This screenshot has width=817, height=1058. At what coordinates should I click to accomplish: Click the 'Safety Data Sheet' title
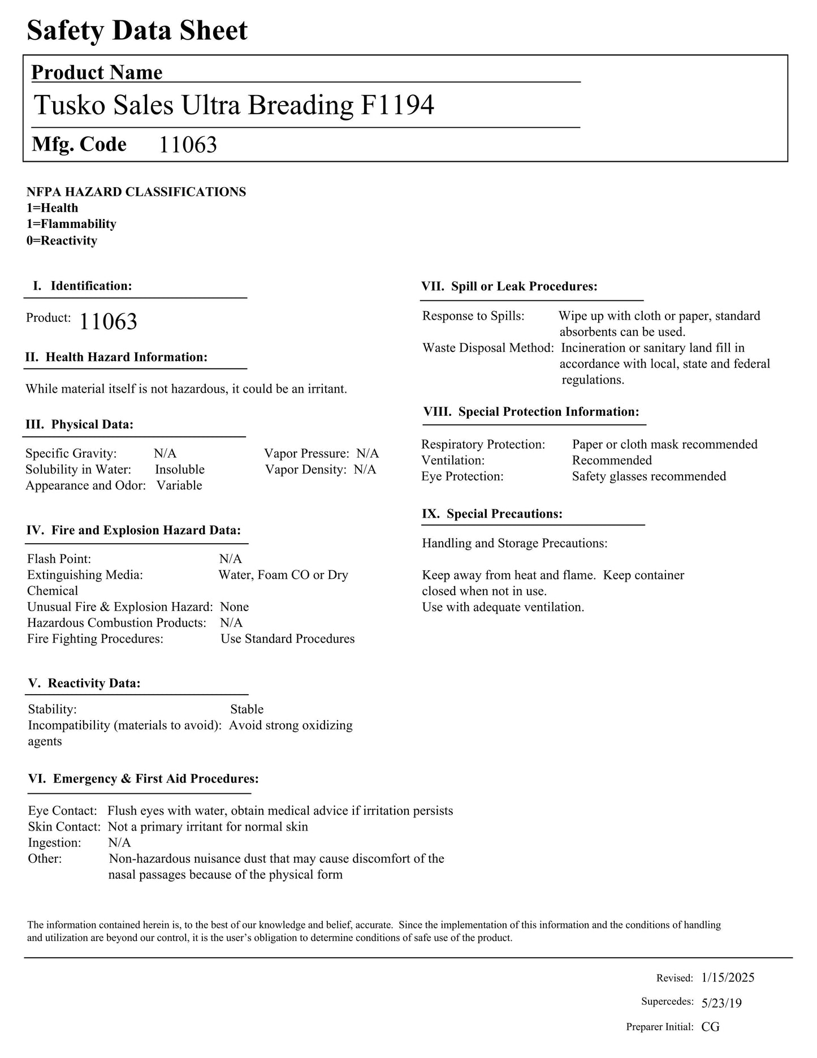pos(137,31)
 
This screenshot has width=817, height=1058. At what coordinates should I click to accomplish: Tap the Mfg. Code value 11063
pos(188,145)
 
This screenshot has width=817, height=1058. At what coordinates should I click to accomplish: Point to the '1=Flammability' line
pos(71,224)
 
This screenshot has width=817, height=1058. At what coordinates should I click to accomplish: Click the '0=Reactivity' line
pos(62,240)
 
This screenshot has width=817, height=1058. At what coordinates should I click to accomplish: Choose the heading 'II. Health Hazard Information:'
pos(116,357)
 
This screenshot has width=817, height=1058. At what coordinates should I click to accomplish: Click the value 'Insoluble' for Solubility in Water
pos(180,470)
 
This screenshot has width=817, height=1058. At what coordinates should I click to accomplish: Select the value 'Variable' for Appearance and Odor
pos(179,485)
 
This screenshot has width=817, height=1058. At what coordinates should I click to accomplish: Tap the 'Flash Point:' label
pos(59,559)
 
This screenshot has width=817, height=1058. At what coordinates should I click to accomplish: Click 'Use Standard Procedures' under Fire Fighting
pos(288,639)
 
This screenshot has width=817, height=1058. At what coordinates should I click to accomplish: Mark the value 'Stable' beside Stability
pos(247,709)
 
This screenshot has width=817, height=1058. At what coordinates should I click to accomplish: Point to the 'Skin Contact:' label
pos(64,827)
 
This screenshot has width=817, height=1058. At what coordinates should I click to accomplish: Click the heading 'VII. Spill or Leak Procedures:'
pos(509,286)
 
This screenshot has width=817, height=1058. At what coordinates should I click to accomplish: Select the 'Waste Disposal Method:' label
pos(488,348)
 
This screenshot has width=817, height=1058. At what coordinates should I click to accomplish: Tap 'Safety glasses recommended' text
pos(649,476)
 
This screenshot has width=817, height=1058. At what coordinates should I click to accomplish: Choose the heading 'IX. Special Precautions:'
pos(492,514)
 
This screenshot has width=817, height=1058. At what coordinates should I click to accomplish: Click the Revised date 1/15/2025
pos(728,978)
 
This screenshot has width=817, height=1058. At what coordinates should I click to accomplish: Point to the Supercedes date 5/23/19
pos(721,1003)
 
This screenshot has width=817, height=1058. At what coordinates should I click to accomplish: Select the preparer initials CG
pos(710,1027)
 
